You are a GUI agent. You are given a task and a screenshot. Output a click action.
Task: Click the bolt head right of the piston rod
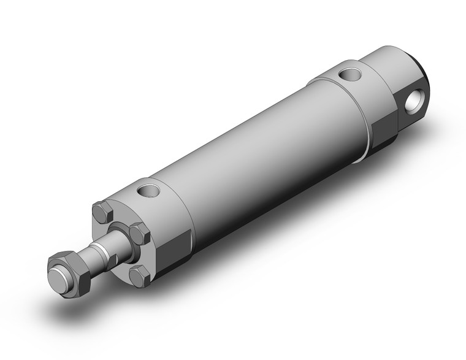140,234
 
